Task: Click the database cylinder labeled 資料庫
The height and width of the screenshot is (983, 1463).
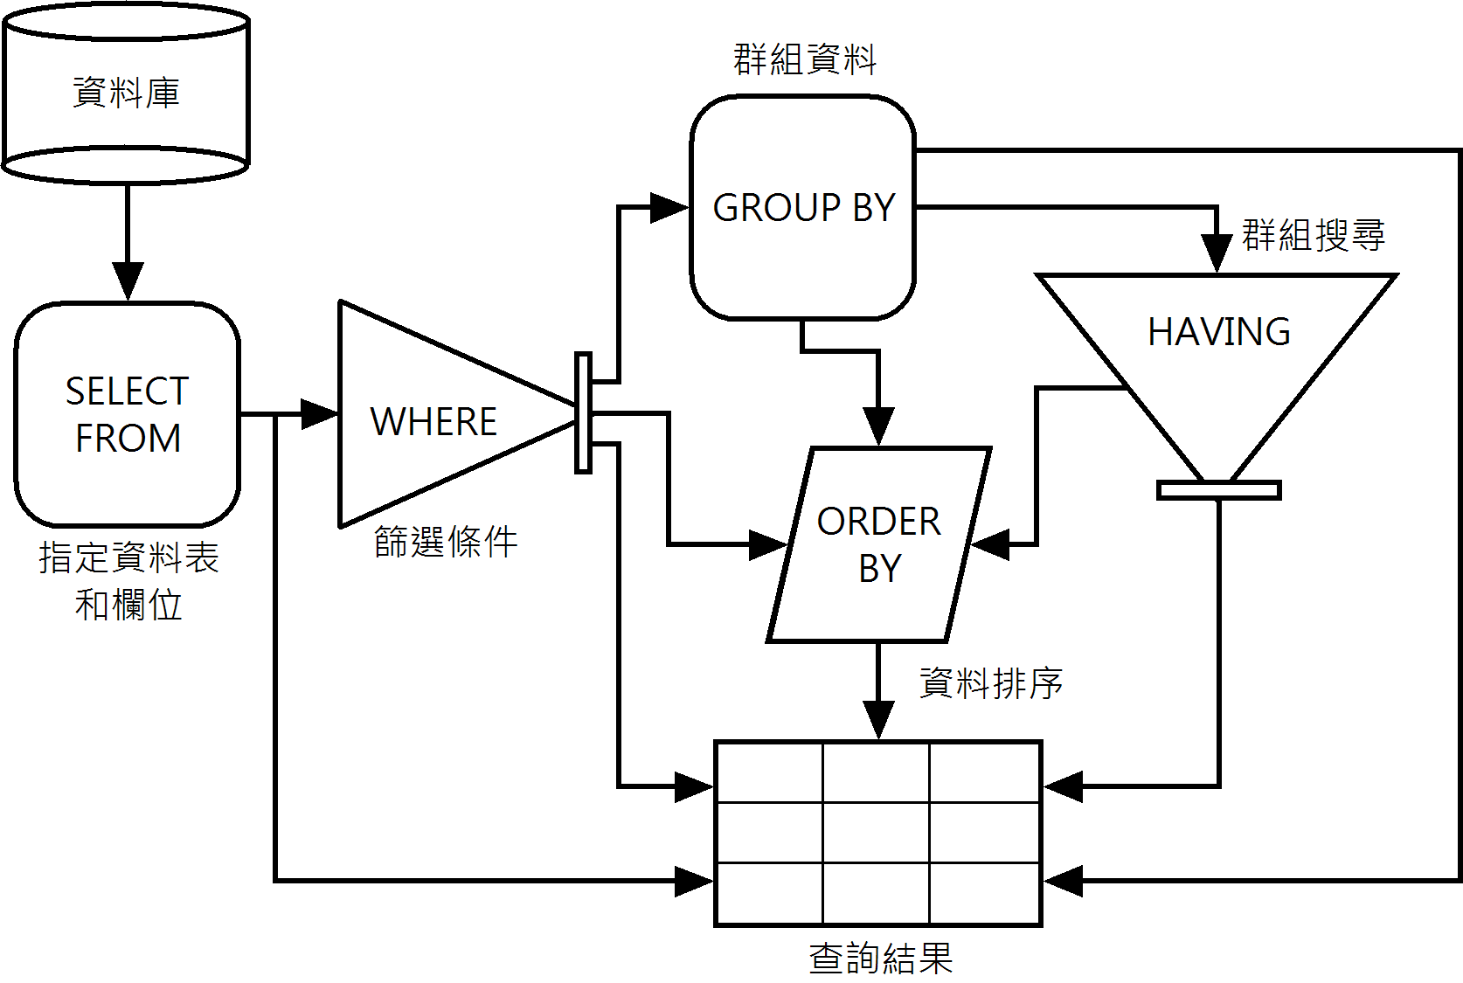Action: coord(127,93)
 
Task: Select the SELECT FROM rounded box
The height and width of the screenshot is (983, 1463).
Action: coord(128,414)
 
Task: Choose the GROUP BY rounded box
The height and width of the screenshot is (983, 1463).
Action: coord(803,208)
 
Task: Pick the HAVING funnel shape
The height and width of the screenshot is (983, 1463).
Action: coord(1218,350)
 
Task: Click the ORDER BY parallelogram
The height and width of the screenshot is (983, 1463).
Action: coord(879,544)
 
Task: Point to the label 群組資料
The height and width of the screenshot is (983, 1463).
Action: coord(804,59)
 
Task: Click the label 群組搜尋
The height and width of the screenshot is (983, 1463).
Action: coord(1314,235)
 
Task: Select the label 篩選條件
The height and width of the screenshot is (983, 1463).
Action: coord(446,542)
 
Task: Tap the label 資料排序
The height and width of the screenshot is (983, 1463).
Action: coord(991,682)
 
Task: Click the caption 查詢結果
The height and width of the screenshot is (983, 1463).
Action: coord(880,958)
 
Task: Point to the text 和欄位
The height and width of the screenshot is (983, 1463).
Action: coord(128,605)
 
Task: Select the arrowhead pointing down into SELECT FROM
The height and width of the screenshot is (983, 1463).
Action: coord(128,280)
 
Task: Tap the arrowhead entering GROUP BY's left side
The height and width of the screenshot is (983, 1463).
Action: coord(670,208)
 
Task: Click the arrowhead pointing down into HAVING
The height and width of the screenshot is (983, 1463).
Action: coord(1217,253)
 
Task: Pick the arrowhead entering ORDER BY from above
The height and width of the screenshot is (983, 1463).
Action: coord(878,426)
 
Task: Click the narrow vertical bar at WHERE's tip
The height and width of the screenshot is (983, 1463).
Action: coord(583,413)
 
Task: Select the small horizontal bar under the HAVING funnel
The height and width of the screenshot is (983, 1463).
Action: coord(1219,490)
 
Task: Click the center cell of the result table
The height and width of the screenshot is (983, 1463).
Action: coord(876,833)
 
